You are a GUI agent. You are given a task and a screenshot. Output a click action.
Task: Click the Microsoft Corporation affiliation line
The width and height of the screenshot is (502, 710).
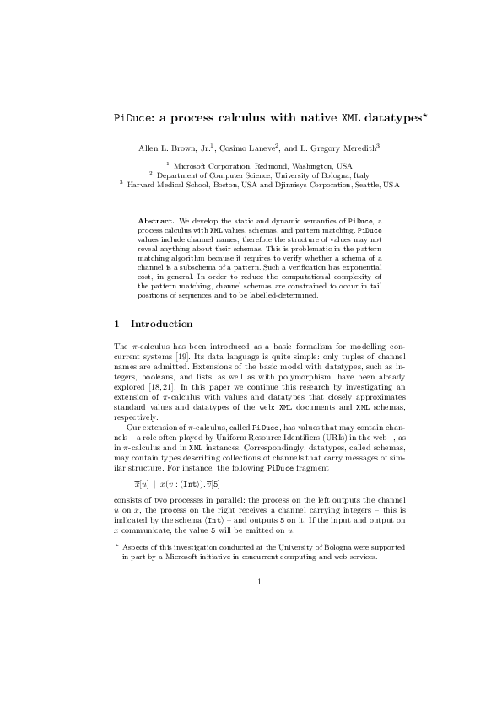pos(251,166)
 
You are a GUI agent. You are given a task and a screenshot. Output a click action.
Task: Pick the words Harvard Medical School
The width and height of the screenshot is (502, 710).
pos(164,184)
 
